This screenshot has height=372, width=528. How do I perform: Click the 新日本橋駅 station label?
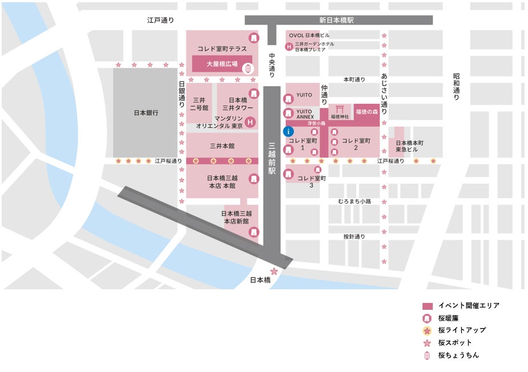[337, 20]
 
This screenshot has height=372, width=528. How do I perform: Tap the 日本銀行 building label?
[145, 113]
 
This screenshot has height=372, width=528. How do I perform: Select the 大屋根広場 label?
[222, 64]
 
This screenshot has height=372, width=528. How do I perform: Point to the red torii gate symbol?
[340, 108]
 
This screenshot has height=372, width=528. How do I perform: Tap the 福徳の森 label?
[367, 112]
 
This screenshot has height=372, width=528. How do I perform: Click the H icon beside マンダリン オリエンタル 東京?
[249, 121]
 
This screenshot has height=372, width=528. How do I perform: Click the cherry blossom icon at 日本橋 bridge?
[274, 271]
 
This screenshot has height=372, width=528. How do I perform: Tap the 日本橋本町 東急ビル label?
[410, 145]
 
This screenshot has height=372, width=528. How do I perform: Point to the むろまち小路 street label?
[354, 201]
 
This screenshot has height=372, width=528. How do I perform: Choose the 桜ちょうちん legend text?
[458, 355]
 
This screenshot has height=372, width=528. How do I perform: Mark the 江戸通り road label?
[160, 20]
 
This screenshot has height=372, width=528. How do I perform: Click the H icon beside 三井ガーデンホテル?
[289, 46]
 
